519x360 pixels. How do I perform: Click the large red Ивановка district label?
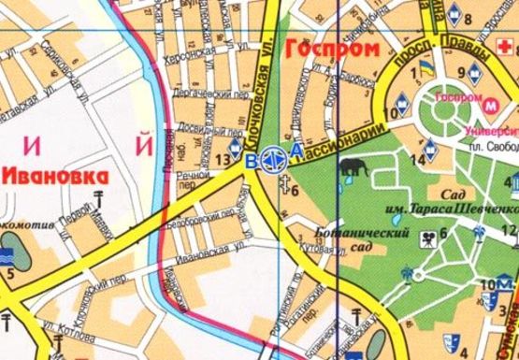[55, 175]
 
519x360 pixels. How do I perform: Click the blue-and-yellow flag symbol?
[426, 69]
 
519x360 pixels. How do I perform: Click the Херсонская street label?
[192, 55]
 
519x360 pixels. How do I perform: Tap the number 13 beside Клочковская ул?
[222, 160]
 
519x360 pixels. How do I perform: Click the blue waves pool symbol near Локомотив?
[8, 253]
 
